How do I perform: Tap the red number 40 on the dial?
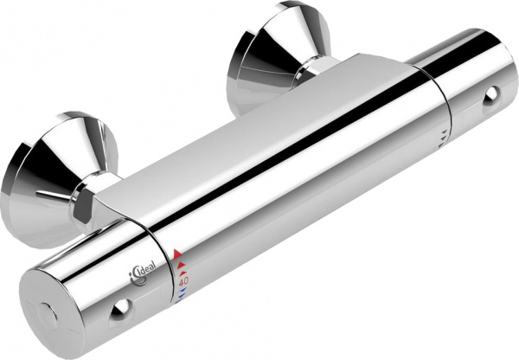click(x=183, y=281)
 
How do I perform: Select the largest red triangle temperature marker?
click(x=177, y=254)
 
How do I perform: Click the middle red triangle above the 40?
click(x=181, y=265)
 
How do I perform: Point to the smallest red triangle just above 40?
click(x=183, y=273)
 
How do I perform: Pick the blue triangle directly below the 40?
click(x=183, y=289)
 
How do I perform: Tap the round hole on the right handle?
click(x=491, y=95)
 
